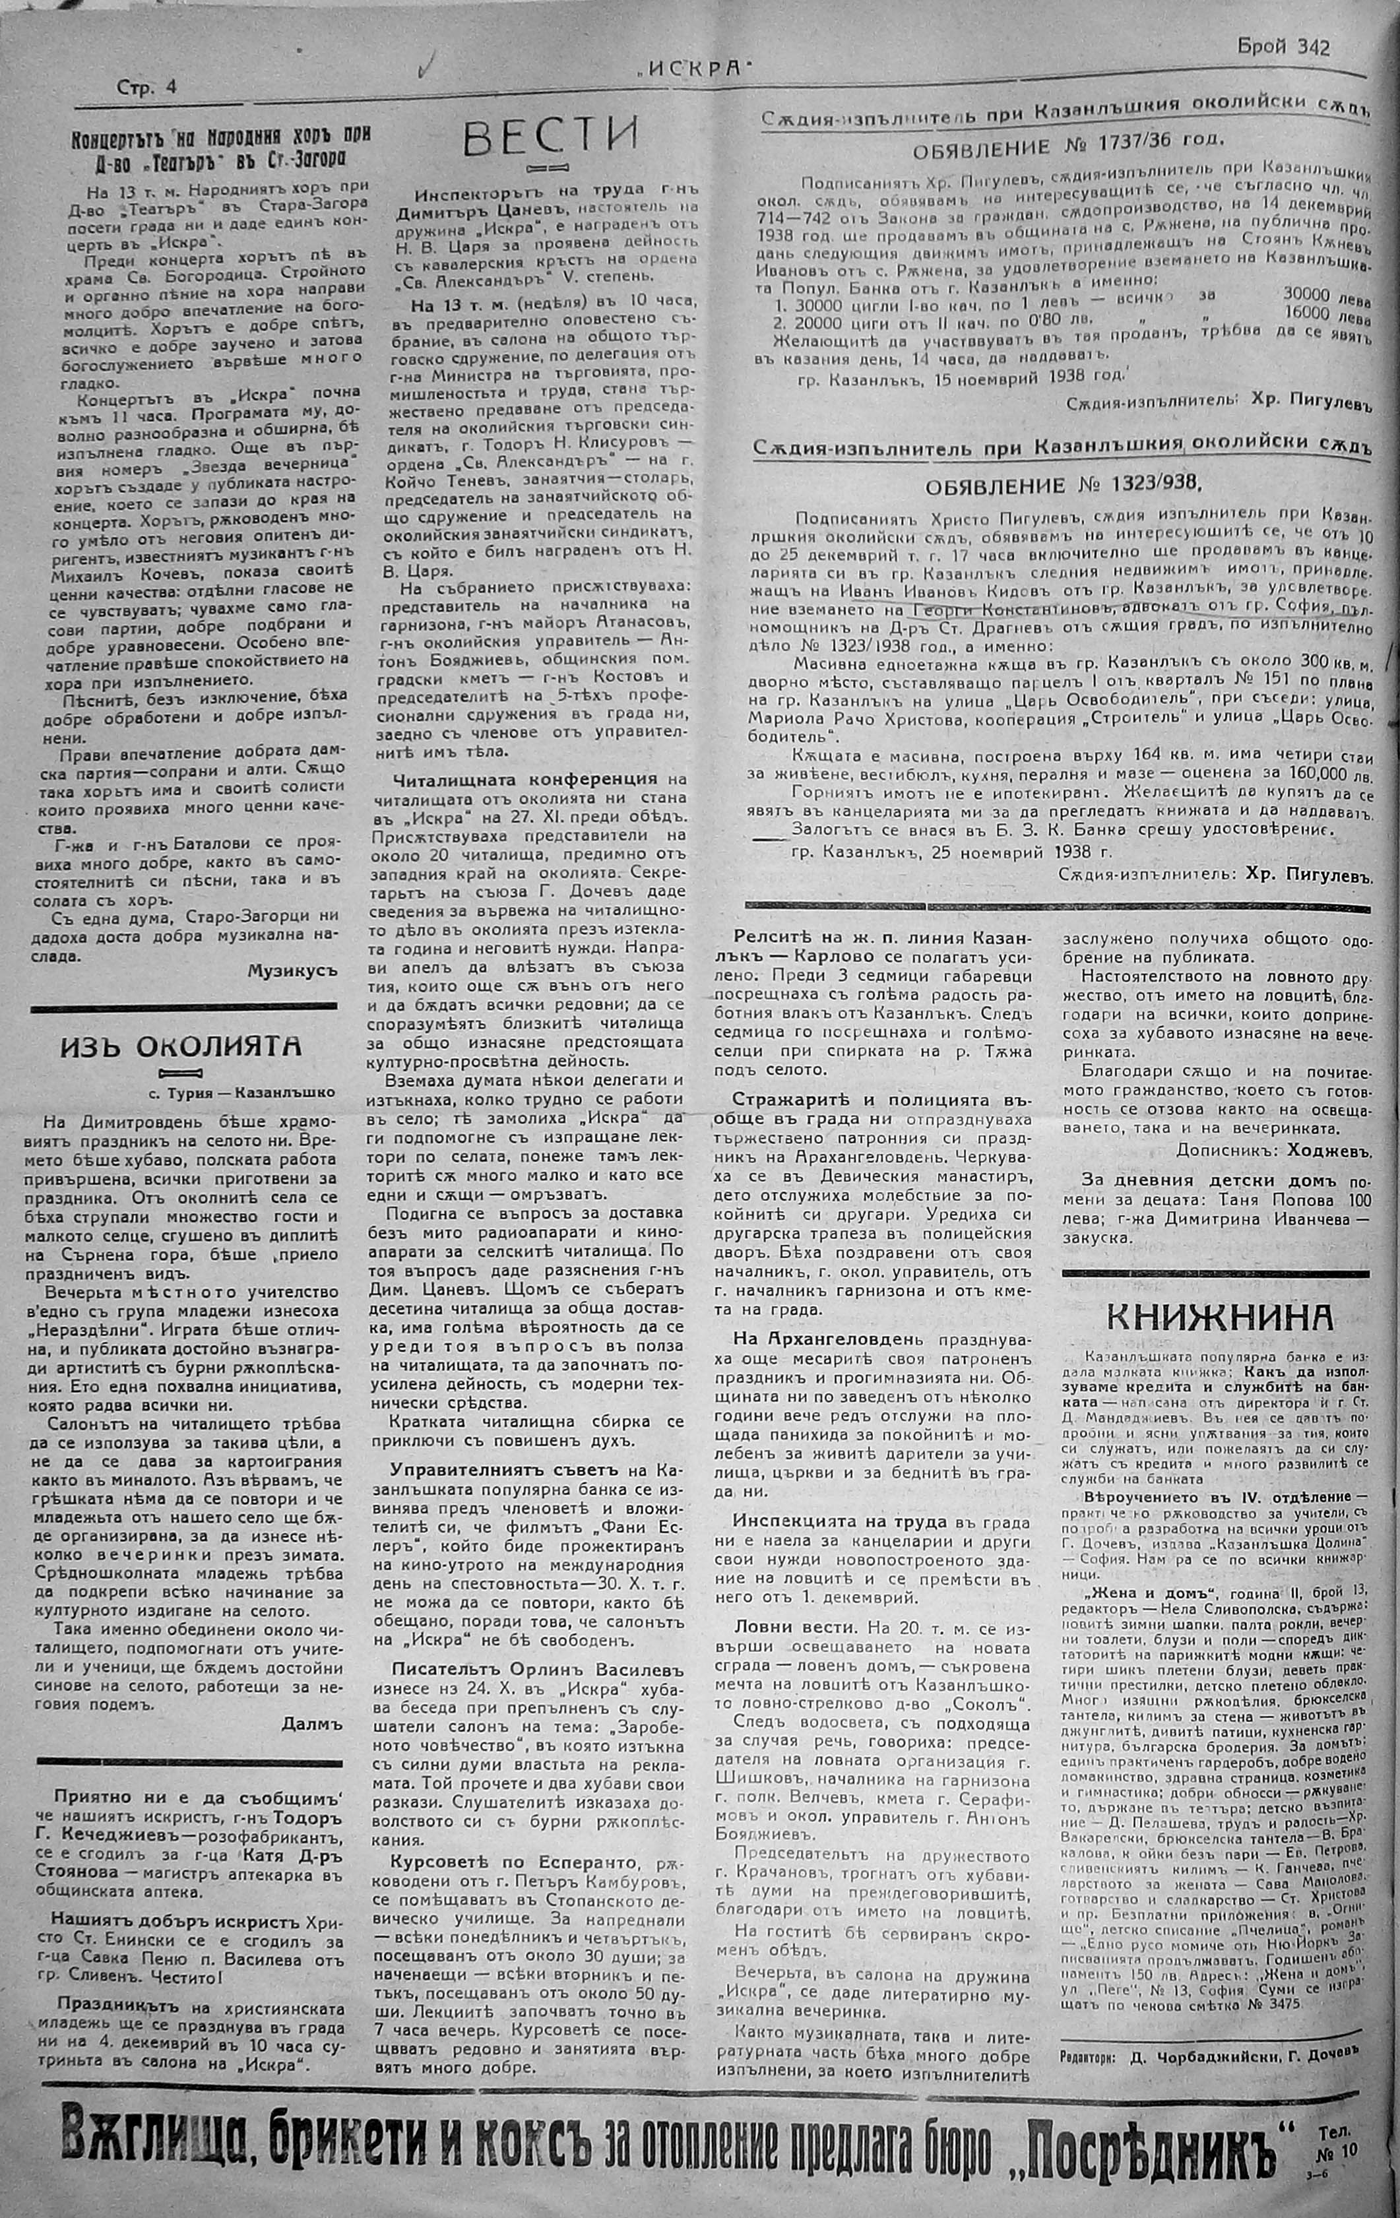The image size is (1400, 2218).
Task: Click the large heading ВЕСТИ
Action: (550, 137)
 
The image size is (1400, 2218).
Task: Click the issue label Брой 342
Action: (1285, 48)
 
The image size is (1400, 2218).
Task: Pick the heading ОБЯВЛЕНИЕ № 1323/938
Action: (1064, 486)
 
